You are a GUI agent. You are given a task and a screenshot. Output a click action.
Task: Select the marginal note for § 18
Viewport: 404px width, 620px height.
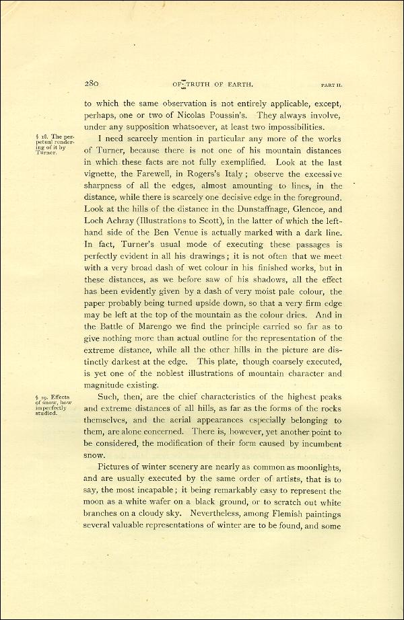click(x=50, y=144)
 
